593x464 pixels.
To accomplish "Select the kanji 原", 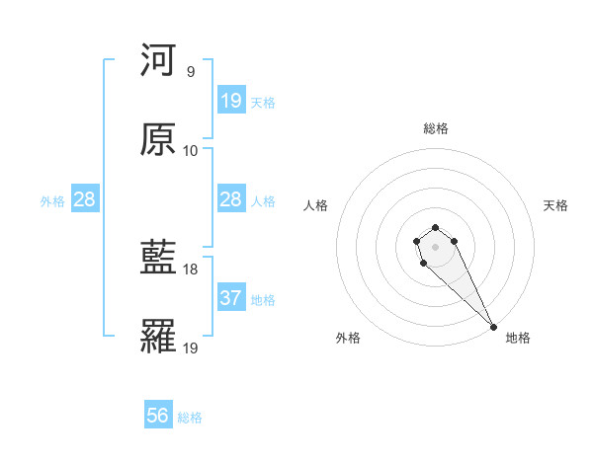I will [x=158, y=139].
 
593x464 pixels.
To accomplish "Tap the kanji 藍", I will [x=158, y=258].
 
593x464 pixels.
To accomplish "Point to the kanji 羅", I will [x=158, y=337].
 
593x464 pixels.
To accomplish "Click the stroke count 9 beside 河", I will [x=190, y=72].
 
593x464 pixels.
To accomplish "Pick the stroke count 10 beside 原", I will [x=191, y=151].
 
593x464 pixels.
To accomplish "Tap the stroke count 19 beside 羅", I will [x=191, y=348].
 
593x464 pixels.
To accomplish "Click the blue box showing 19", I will [x=231, y=101].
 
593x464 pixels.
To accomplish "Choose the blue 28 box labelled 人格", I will [x=231, y=199].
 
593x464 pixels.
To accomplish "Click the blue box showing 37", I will [x=231, y=298].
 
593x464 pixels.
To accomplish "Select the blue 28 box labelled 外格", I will [x=85, y=199].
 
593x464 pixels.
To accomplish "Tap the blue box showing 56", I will [x=158, y=416].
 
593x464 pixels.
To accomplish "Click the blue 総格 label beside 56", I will [x=190, y=418].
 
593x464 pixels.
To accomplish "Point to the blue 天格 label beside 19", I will [x=263, y=103].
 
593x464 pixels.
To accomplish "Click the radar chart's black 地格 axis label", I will [x=518, y=338].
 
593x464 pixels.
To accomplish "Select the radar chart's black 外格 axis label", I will [x=348, y=338].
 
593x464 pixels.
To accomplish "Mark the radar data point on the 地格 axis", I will [x=493, y=327].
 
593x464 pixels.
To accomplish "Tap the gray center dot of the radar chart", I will [x=435, y=246].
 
